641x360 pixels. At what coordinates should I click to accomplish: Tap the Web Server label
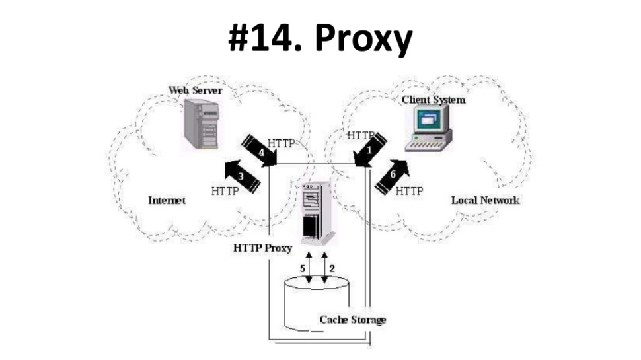(195, 90)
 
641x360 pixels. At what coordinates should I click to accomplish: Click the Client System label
(433, 100)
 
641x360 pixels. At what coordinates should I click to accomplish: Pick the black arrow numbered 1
(369, 150)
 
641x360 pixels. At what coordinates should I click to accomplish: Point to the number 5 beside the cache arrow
(303, 269)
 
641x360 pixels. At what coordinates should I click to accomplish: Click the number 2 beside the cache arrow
(332, 269)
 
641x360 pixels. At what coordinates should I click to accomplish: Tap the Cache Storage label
(353, 320)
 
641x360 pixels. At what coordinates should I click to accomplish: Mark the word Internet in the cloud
(167, 200)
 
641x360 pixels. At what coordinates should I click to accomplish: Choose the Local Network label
(485, 200)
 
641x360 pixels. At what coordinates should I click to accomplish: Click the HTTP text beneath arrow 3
(225, 191)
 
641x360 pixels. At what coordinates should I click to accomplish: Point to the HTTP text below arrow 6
(409, 191)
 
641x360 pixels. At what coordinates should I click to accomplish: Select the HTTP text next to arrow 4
(284, 142)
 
